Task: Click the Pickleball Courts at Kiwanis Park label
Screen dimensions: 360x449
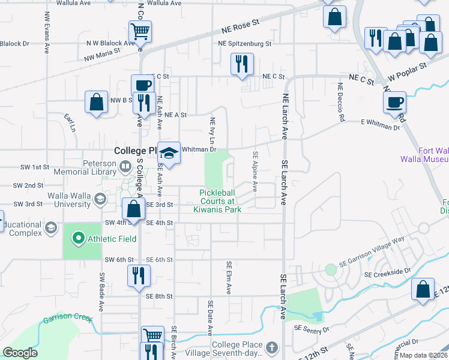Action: pos(217,200)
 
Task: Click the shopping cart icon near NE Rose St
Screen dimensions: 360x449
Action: pos(140,31)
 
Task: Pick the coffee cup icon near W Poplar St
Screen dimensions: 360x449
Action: pos(395,101)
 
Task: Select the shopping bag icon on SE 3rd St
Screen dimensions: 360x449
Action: pos(134,209)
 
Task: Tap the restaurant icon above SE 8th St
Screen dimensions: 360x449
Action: pos(139,275)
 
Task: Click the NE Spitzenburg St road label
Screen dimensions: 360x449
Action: pos(245,44)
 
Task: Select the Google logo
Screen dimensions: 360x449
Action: pos(19,352)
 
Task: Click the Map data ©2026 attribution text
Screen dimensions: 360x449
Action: pos(424,355)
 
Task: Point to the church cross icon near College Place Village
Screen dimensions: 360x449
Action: pos(272,347)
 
